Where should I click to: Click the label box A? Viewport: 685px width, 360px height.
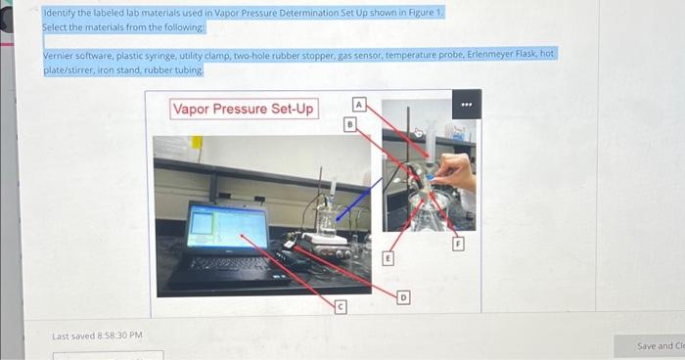pos(359,104)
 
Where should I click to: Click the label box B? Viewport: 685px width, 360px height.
pos(348,124)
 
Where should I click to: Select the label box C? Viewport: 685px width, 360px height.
pos(340,307)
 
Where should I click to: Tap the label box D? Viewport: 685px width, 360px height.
pos(403,294)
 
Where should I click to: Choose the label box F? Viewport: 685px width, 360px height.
pos(457,245)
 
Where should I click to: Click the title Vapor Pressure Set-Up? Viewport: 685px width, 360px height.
pos(244,109)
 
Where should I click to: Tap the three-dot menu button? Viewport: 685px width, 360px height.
pos(468,104)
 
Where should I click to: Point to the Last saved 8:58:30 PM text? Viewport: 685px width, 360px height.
pos(97,337)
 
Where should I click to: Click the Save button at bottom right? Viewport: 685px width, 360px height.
pos(660,346)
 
